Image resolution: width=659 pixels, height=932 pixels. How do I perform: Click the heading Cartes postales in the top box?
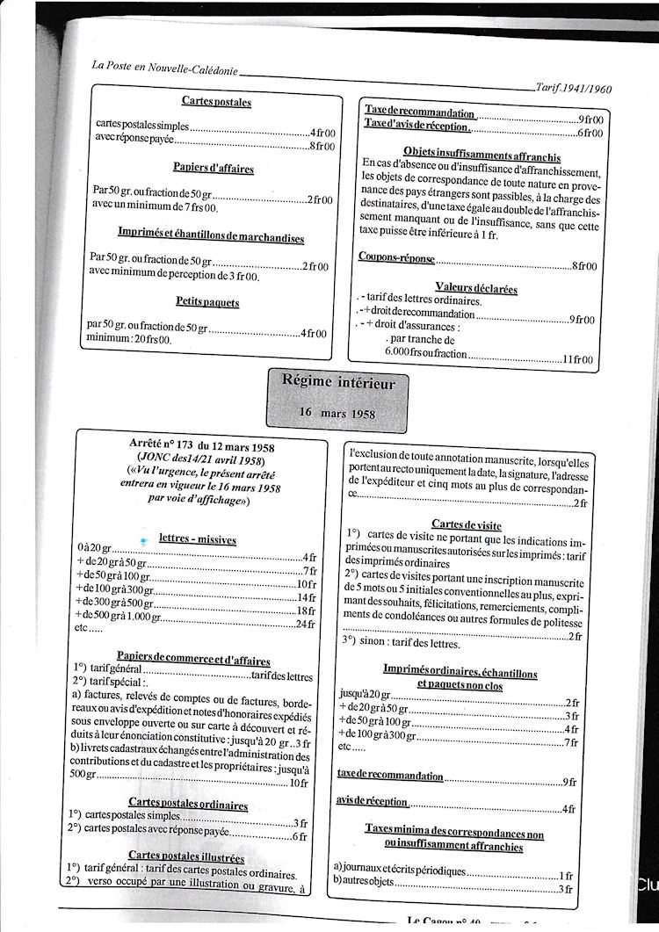(x=216, y=102)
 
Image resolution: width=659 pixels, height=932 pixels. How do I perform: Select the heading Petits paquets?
(x=207, y=302)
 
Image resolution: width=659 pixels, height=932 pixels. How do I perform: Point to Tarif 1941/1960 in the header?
(x=572, y=87)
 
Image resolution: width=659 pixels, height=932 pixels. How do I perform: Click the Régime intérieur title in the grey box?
(x=338, y=382)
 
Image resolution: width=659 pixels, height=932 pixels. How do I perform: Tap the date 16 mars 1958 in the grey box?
(x=338, y=411)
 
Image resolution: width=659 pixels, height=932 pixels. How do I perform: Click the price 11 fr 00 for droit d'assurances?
(x=579, y=358)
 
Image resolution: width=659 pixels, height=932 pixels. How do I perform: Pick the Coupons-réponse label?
(x=396, y=256)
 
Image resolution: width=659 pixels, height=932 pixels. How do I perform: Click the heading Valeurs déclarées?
(x=475, y=287)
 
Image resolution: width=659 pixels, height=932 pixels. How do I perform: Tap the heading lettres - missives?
(x=197, y=538)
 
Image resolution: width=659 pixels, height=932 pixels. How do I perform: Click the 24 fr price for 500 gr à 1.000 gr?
(x=305, y=624)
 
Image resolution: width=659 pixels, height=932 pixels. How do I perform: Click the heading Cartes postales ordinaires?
(x=187, y=803)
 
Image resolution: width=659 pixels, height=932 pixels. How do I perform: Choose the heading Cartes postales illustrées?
(x=185, y=856)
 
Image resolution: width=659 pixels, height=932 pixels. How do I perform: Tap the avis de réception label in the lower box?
(x=372, y=801)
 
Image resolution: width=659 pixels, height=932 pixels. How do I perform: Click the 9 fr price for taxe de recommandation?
(x=568, y=780)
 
